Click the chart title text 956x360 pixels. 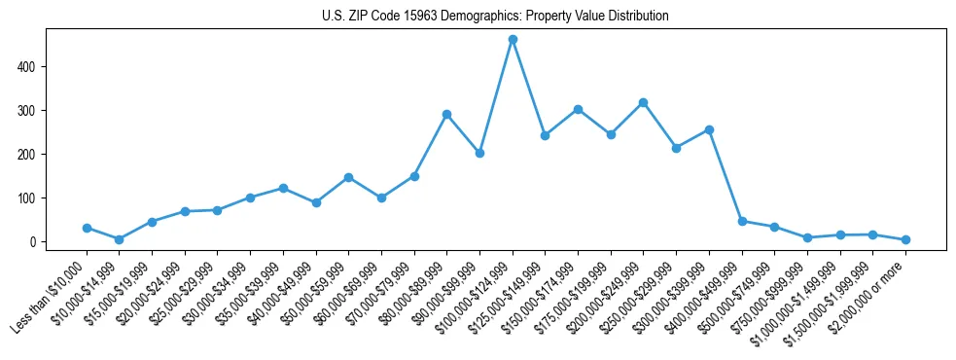(495, 17)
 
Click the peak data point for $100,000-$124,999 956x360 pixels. (513, 40)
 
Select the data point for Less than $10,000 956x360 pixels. (87, 228)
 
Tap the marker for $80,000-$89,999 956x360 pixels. (446, 114)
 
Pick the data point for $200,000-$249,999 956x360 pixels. (643, 102)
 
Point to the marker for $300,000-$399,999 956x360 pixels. (709, 129)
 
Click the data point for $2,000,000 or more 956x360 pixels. (905, 239)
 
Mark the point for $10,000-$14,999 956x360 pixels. (119, 239)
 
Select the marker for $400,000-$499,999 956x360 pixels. (742, 221)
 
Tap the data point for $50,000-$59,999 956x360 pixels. (348, 177)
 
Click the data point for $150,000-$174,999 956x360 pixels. (578, 109)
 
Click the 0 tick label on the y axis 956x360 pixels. (33, 242)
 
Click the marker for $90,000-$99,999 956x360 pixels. (479, 154)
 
